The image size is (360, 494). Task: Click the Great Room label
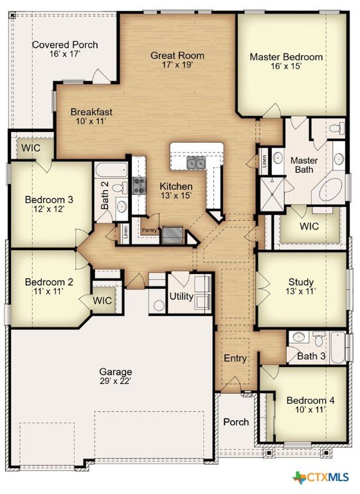[x=177, y=55]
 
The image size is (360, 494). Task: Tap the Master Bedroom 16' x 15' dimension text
[x=286, y=66]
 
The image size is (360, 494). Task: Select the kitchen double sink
[x=195, y=163]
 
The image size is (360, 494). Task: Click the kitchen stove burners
[x=139, y=185]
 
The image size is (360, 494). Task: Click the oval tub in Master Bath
[x=330, y=190]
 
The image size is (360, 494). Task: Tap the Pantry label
[x=149, y=230]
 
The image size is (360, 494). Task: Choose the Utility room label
[x=181, y=297]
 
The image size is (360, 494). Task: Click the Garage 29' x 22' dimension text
[x=115, y=381]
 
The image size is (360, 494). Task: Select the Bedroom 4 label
[x=310, y=401]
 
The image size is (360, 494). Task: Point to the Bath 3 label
[x=311, y=356]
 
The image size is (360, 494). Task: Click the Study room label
[x=301, y=282]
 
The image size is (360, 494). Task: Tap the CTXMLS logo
[x=321, y=477]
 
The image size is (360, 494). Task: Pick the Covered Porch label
[x=65, y=45]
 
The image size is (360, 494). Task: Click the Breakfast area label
[x=91, y=112]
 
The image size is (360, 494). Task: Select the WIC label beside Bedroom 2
[x=102, y=300]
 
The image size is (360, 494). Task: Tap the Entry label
[x=235, y=358]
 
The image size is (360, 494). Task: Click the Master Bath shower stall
[x=271, y=194]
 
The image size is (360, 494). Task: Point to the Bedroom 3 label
[x=49, y=199]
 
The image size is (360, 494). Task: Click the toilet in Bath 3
[x=319, y=340]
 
